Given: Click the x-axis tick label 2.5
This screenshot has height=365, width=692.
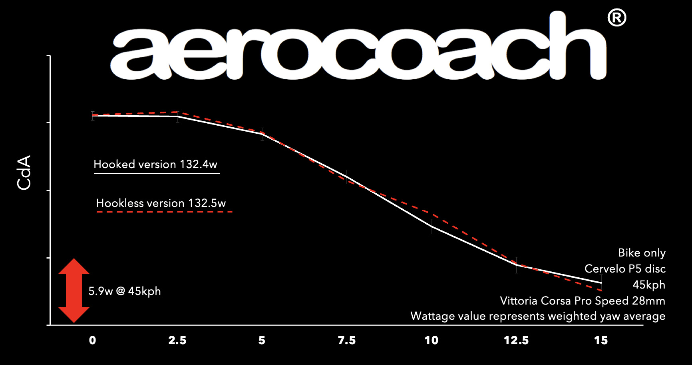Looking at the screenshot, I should coord(177,341).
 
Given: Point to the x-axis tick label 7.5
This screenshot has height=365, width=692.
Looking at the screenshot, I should coord(346,341).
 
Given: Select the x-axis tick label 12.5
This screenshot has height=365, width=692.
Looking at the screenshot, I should coord(516,341).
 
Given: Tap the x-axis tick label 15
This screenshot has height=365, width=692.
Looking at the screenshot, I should coord(601,341).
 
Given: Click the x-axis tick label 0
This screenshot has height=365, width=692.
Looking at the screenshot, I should coord(92,341).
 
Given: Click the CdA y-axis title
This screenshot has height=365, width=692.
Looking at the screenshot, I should coord(24,172).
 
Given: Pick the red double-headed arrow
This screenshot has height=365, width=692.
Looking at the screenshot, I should coord(74,291).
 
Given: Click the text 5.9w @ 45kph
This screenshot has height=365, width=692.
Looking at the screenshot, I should coord(125,291).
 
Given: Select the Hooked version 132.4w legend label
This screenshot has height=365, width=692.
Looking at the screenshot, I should coord(155,164).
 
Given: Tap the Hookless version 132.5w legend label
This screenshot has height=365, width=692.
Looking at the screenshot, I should coord(161,203).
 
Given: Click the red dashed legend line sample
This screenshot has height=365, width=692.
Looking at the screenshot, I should coord(164,212).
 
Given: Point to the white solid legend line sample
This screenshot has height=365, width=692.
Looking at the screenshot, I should coord(157,174).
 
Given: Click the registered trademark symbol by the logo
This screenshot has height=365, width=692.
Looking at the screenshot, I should coord(616,18).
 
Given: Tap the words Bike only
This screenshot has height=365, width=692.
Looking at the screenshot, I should coord(642,253).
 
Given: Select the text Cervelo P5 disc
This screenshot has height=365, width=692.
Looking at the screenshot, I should coord(625,269).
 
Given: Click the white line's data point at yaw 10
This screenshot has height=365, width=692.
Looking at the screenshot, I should coord(432,227).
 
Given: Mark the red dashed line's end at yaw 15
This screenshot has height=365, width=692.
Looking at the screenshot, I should coord(601,290).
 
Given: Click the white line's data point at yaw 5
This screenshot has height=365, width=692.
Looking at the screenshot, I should coord(262,134).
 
